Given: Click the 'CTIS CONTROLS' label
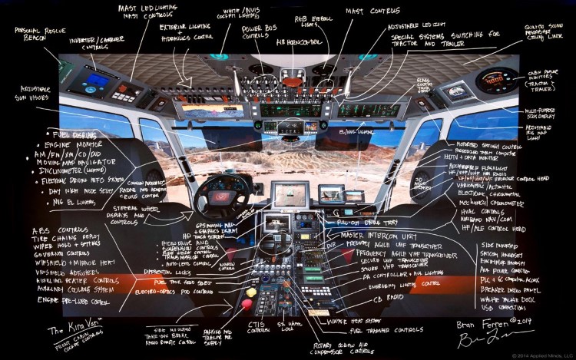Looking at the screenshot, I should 256,328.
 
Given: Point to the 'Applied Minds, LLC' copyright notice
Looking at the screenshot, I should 534,355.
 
